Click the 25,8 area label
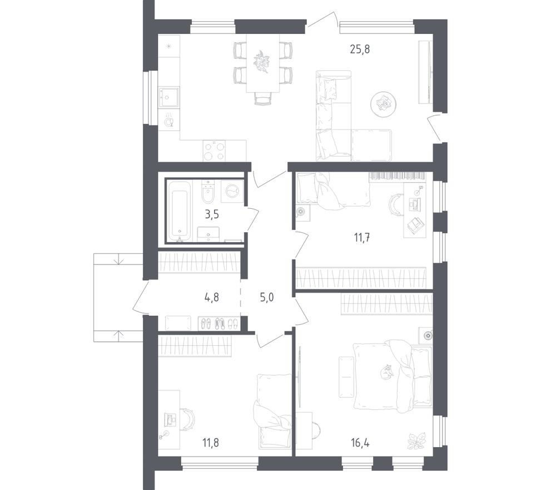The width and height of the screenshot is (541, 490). pyautogui.click(x=360, y=49)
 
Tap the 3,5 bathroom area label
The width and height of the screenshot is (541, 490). pyautogui.click(x=211, y=213)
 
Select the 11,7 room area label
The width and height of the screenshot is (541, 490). pyautogui.click(x=361, y=237)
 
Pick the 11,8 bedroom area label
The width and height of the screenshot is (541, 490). pyautogui.click(x=211, y=443)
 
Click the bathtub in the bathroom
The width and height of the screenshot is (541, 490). pyautogui.click(x=179, y=209)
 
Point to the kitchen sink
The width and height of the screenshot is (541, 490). pyautogui.click(x=168, y=97)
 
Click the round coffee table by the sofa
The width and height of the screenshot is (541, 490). pyautogui.click(x=384, y=104)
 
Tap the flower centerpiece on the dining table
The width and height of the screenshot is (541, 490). pyautogui.click(x=262, y=61)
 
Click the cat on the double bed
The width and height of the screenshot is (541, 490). pyautogui.click(x=385, y=372)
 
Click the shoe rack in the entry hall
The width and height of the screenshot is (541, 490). pyautogui.click(x=219, y=324)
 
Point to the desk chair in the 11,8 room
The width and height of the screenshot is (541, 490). pyautogui.click(x=187, y=419)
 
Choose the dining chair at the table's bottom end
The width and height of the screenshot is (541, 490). pyautogui.click(x=263, y=98)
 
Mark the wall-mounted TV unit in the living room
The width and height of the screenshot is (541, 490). pyautogui.click(x=426, y=72)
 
